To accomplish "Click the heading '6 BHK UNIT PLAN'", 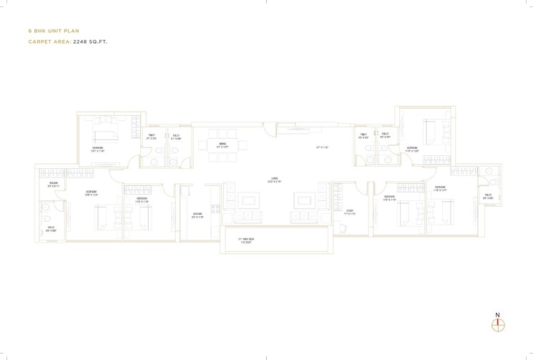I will (54, 31).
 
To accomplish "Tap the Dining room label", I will (223, 145).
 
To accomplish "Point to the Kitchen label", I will (197, 215).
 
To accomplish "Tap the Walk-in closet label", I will (53, 185).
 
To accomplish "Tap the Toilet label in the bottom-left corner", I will (51, 229).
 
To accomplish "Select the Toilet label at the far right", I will (487, 196).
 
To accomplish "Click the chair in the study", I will (343, 228).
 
